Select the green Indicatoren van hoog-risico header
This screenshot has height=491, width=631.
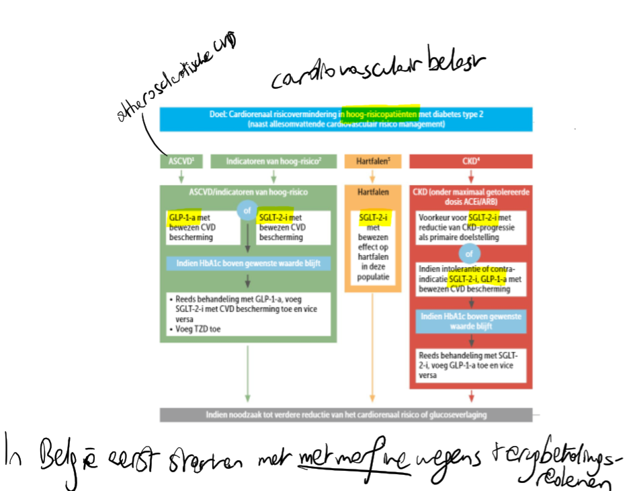pos(274,161)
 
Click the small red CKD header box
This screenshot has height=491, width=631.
pos(470,161)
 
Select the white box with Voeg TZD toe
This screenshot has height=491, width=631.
pos(248,314)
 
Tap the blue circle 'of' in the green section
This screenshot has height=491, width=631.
pos(248,211)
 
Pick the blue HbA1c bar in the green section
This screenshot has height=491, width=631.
pos(248,262)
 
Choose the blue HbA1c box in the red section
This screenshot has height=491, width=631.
pos(470,322)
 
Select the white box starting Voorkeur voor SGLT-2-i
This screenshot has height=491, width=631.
pos(470,227)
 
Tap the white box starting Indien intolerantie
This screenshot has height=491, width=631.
pos(470,278)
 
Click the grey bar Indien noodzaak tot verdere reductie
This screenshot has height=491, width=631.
pos(346,415)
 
